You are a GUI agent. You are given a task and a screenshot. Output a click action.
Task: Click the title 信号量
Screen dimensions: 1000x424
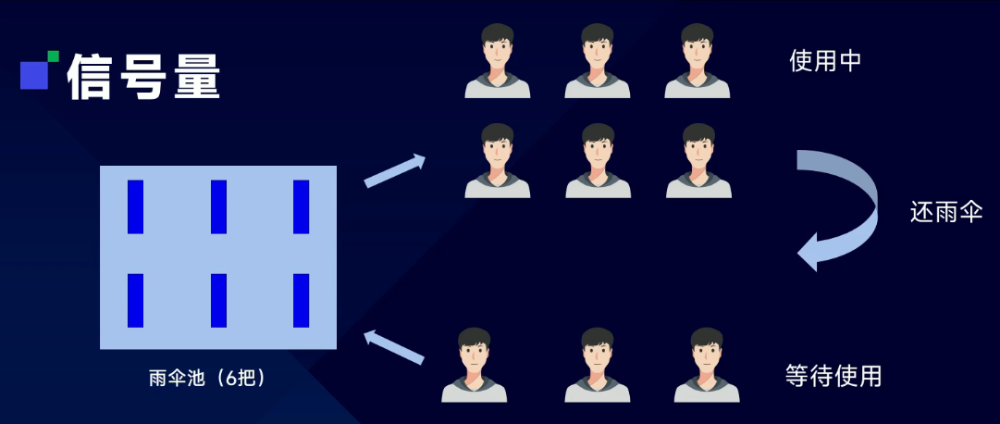click(144, 77)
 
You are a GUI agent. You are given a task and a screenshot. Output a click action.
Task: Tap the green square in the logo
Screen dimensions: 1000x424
click(53, 56)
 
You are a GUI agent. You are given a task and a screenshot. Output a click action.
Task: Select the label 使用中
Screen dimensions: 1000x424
click(825, 61)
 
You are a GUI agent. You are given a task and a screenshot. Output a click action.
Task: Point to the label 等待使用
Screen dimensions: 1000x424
click(833, 375)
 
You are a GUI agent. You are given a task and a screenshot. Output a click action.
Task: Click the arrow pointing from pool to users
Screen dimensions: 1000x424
click(395, 170)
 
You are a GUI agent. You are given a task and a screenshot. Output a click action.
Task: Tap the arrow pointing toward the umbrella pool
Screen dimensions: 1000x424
click(394, 347)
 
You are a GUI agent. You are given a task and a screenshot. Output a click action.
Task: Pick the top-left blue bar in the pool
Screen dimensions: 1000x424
click(135, 207)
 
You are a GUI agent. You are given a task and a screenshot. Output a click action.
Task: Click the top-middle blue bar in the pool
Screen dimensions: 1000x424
click(218, 207)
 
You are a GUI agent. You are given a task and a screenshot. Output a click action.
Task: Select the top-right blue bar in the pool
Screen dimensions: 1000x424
click(301, 207)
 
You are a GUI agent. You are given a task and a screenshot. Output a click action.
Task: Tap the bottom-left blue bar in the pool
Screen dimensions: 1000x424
click(135, 300)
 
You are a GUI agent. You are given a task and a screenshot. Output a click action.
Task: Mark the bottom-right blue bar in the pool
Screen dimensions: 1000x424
click(301, 300)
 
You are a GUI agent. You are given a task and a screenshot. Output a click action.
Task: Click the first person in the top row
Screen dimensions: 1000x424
click(497, 61)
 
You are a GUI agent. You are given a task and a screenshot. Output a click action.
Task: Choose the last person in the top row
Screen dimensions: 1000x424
click(697, 61)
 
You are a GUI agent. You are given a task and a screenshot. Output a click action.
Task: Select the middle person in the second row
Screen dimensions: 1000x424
click(598, 161)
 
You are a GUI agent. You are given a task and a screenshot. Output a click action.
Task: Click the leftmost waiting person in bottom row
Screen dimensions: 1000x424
click(474, 365)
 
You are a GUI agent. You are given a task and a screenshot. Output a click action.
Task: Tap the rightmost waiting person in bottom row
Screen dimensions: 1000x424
click(707, 365)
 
